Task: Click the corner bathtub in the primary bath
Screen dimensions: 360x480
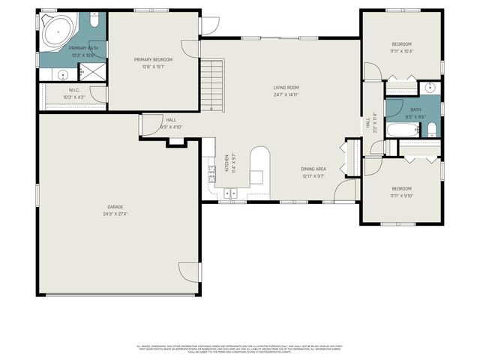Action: (x=57, y=32)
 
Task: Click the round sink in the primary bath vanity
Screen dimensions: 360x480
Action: (x=62, y=74)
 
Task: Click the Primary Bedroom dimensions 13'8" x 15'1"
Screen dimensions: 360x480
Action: (x=153, y=67)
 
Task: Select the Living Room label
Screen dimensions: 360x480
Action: (x=286, y=88)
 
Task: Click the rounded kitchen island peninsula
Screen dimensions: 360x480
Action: (x=259, y=165)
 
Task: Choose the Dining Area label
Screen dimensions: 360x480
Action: (x=313, y=170)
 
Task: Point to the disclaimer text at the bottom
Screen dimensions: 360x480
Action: (x=238, y=349)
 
